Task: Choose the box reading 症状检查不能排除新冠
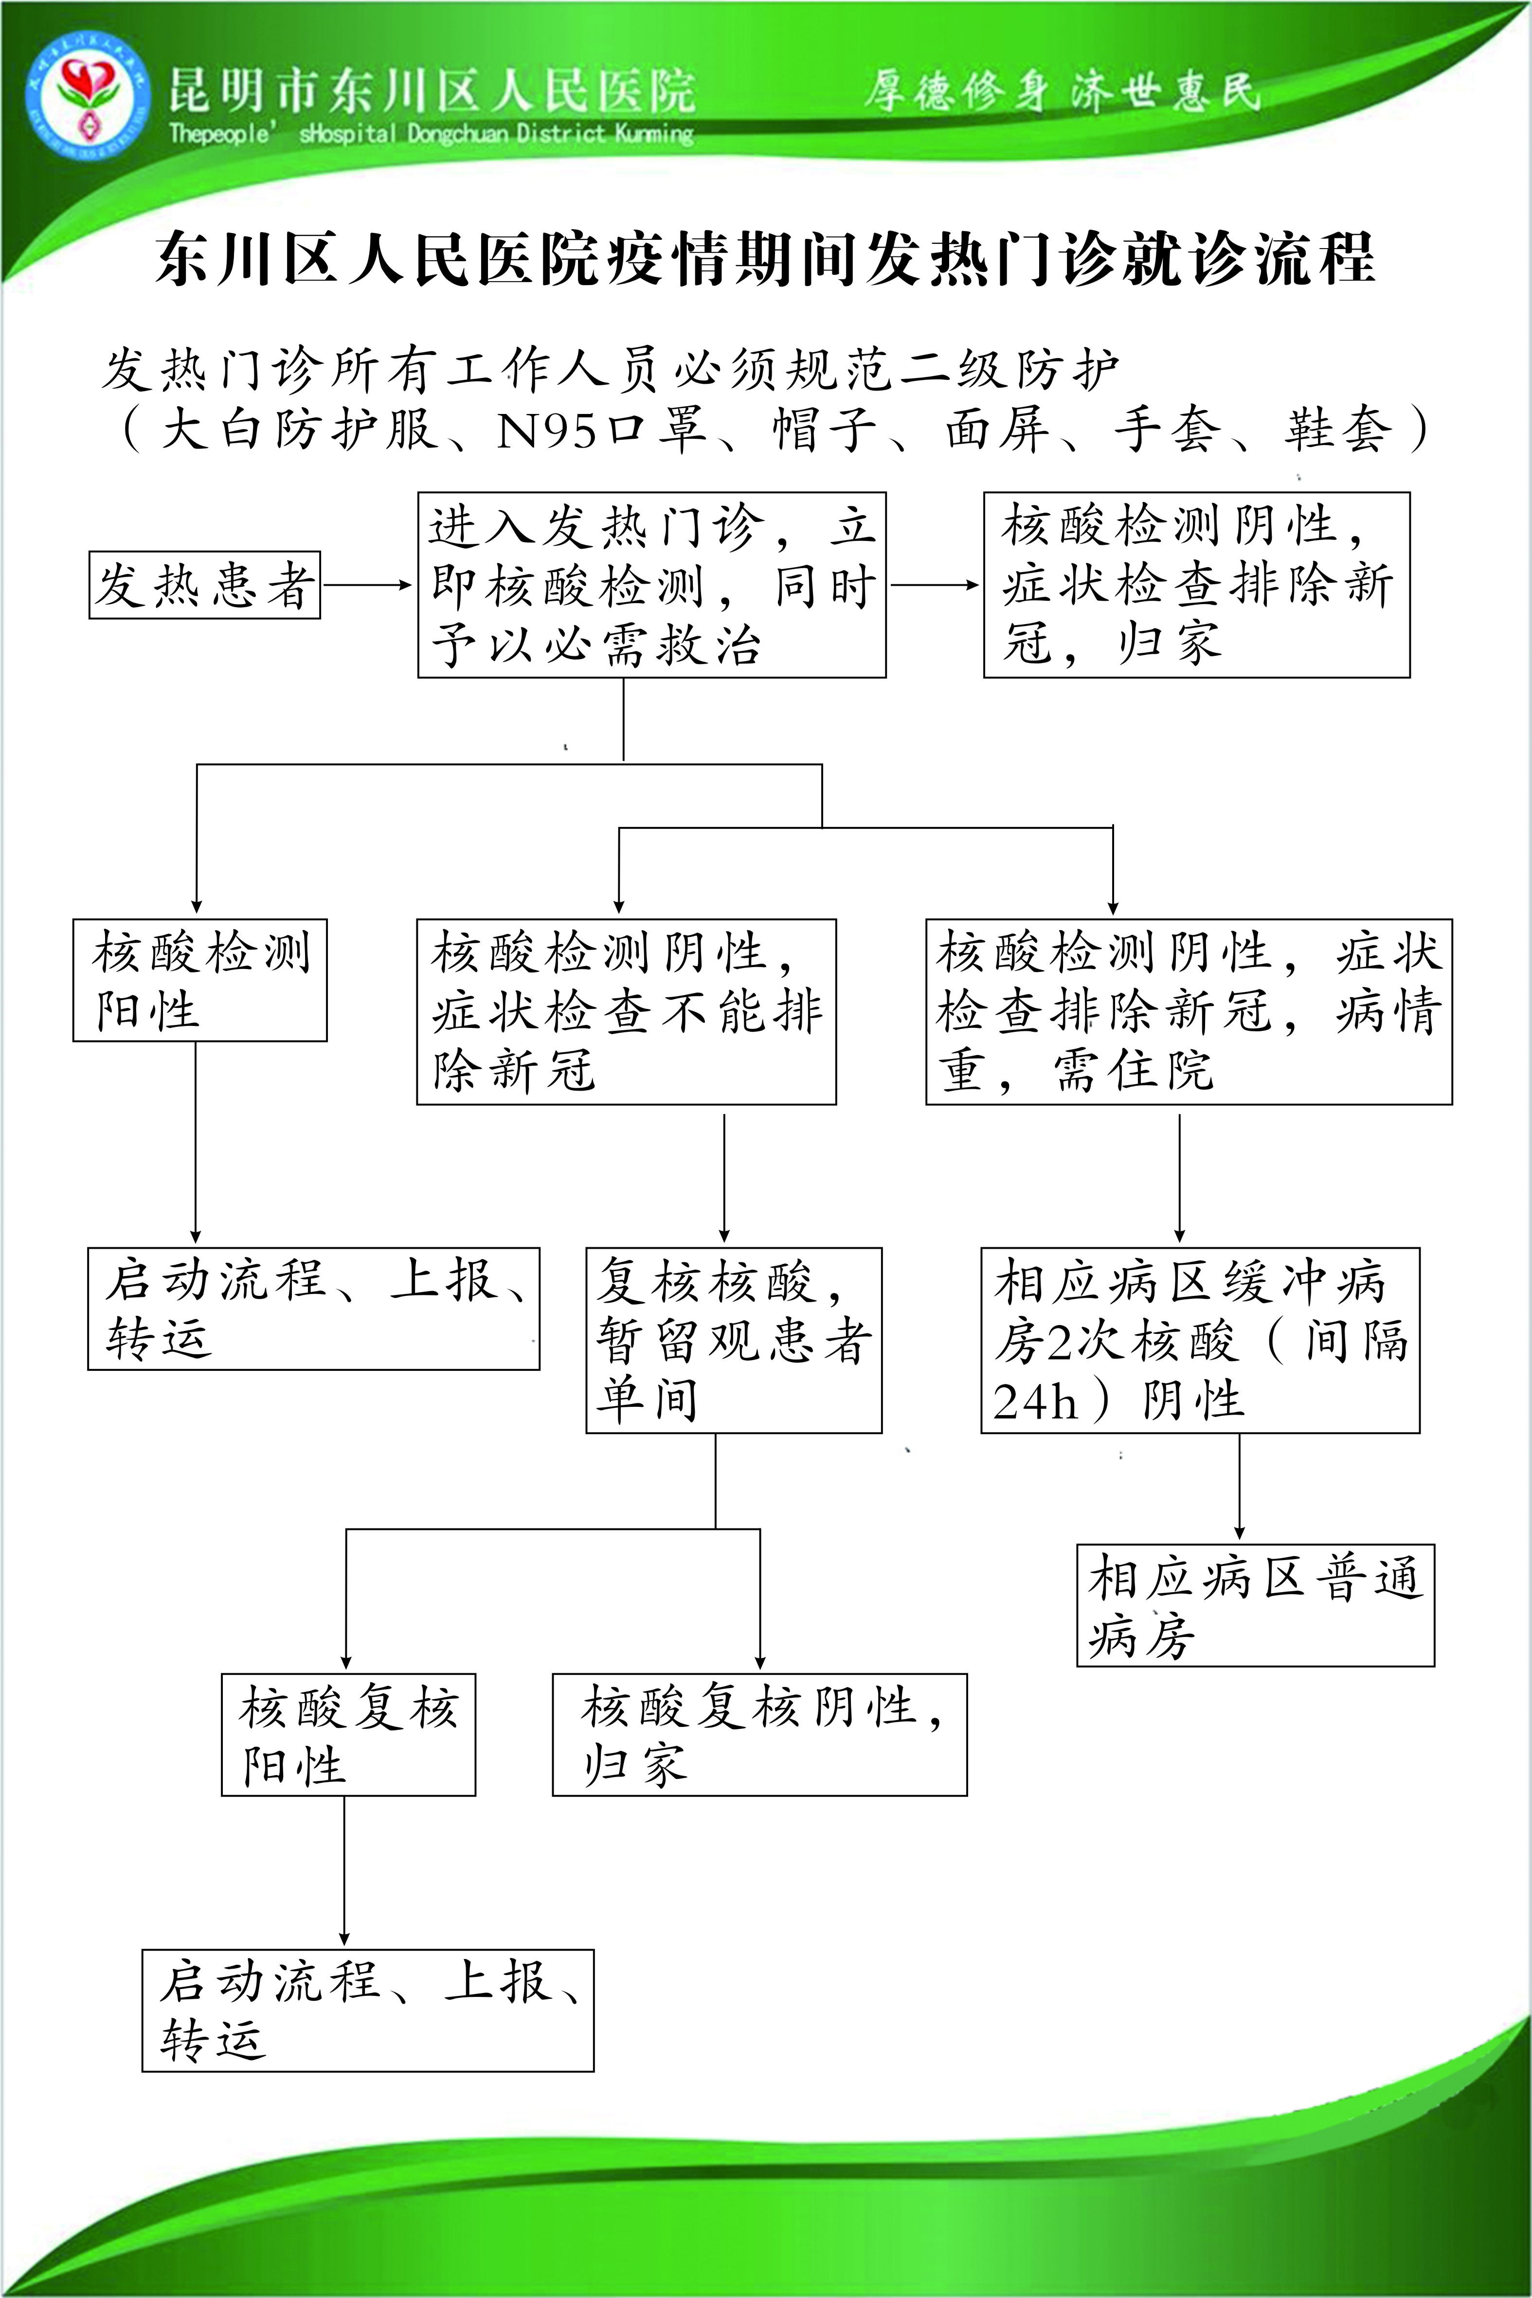(x=626, y=1011)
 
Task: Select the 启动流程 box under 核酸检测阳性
(x=314, y=1308)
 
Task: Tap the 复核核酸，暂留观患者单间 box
(x=734, y=1340)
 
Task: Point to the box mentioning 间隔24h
(x=1200, y=1340)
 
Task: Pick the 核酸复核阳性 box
(x=348, y=1734)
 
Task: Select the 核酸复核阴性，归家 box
(x=759, y=1734)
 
